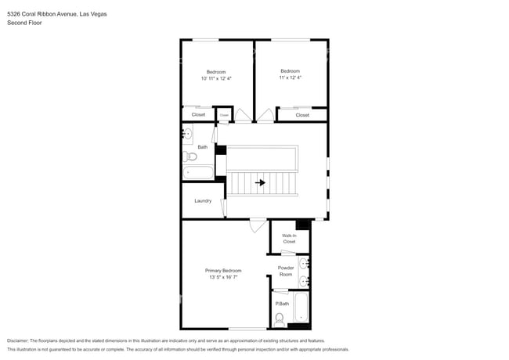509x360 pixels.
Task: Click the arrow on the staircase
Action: coord(259,183)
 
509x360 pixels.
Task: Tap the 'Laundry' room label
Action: coord(203,201)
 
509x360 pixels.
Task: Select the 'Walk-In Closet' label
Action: coord(289,238)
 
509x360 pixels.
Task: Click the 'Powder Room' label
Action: coord(286,271)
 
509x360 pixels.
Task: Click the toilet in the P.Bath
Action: coord(280,319)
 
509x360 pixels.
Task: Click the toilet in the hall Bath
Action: coord(190,157)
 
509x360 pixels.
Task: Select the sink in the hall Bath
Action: coord(187,135)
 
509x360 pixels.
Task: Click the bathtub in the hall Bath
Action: coord(199,172)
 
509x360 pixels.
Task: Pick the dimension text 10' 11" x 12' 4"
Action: coord(216,78)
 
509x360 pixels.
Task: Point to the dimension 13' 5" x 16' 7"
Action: coord(223,277)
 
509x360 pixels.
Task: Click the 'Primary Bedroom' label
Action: coord(223,270)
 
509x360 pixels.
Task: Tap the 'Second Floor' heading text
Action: coord(24,23)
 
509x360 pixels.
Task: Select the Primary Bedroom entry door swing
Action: coord(257,226)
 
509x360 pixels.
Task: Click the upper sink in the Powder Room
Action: coord(305,263)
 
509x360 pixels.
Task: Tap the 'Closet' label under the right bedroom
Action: coord(302,115)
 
